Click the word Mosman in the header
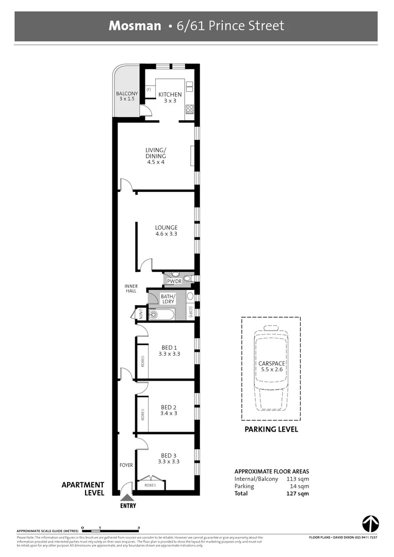tap(135, 26)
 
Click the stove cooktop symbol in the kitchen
tap(189, 109)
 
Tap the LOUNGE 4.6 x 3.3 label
tap(166, 231)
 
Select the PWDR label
tap(174, 281)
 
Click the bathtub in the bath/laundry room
tap(161, 314)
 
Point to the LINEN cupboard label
tap(139, 314)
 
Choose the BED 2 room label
tap(169, 410)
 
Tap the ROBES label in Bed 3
tap(150, 485)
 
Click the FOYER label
tap(126, 465)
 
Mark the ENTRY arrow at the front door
tap(126, 497)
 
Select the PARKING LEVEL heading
tap(271, 429)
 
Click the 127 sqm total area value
tap(298, 494)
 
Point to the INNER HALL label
tap(132, 288)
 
